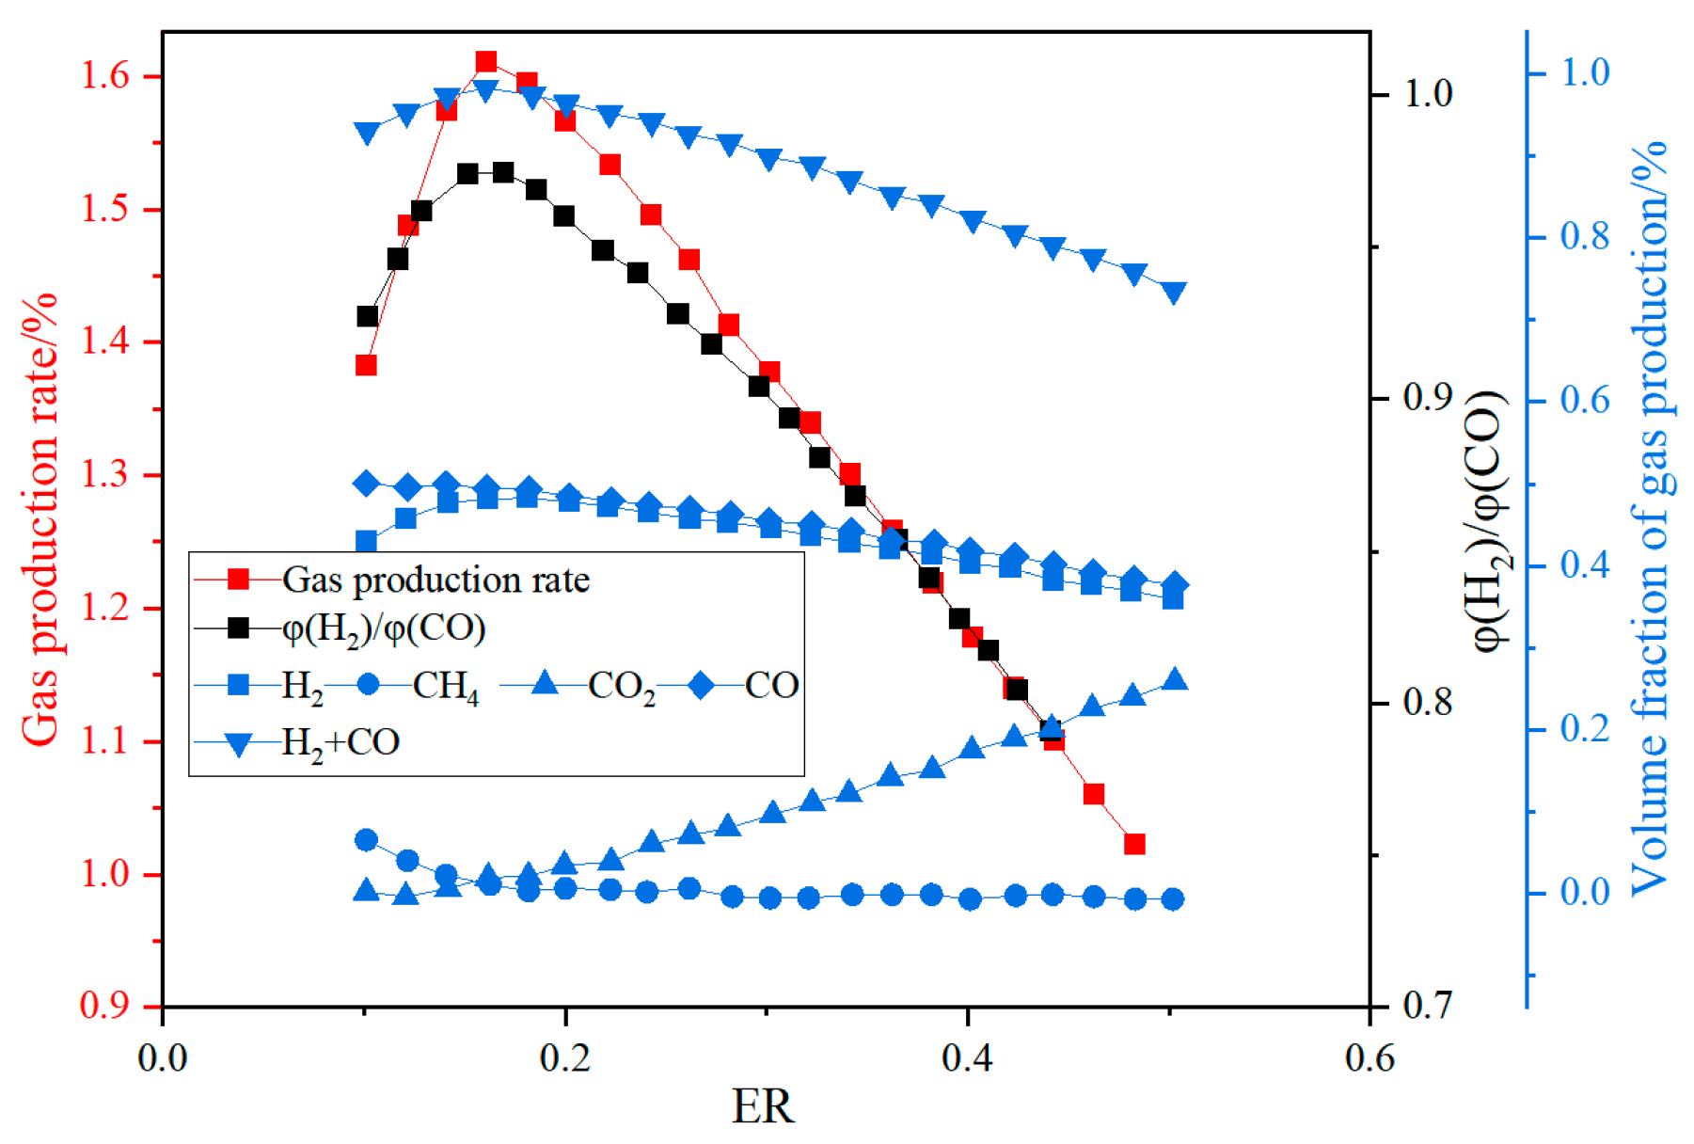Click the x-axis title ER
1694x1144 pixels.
pyautogui.click(x=762, y=1106)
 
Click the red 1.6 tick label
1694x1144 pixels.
pyautogui.click(x=105, y=76)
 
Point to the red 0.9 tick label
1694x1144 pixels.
pyautogui.click(x=105, y=1006)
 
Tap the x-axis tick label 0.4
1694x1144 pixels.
pyautogui.click(x=967, y=1058)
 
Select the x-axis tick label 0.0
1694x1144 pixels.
pyautogui.click(x=163, y=1058)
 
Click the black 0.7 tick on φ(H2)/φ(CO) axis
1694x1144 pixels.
pyautogui.click(x=1427, y=1006)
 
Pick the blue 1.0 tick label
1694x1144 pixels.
pyautogui.click(x=1586, y=72)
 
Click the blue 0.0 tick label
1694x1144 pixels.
pyautogui.click(x=1586, y=892)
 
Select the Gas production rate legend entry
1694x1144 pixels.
pyautogui.click(x=435, y=580)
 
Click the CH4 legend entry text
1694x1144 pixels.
pyautogui.click(x=445, y=686)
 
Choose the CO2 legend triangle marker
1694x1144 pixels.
pyautogui.click(x=545, y=684)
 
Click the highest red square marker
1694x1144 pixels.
pyautogui.click(x=486, y=63)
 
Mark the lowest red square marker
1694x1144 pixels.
pyautogui.click(x=1134, y=844)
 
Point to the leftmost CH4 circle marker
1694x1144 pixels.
pyautogui.click(x=367, y=840)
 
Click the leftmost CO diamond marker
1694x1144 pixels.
pyautogui.click(x=367, y=484)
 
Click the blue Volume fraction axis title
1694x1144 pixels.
pyautogui.click(x=1648, y=517)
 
